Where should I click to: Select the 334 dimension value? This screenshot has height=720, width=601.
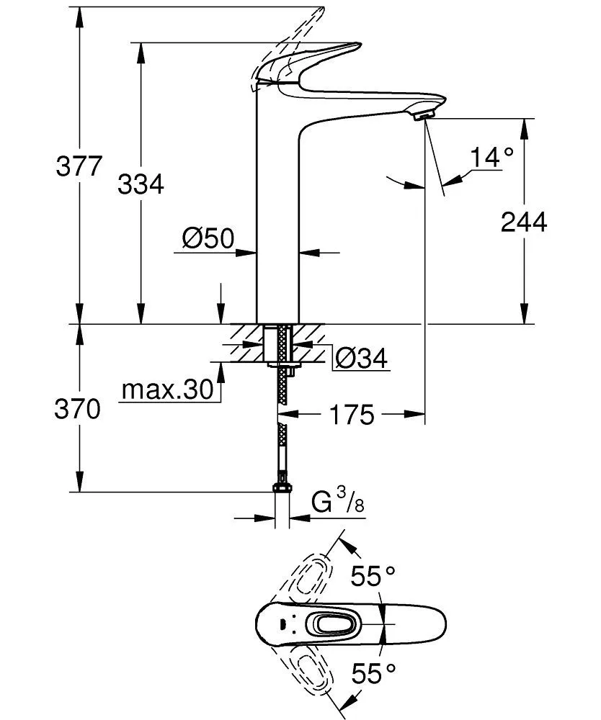[x=141, y=185]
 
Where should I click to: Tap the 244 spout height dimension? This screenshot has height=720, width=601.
[x=524, y=222]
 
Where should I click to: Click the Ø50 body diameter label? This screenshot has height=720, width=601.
[x=208, y=238]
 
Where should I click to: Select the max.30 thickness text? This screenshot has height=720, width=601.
[x=166, y=390]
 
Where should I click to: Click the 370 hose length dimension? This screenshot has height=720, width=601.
[x=77, y=410]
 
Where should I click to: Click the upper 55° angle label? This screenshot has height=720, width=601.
[x=373, y=577]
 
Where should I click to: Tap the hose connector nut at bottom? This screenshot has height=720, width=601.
[x=282, y=489]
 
